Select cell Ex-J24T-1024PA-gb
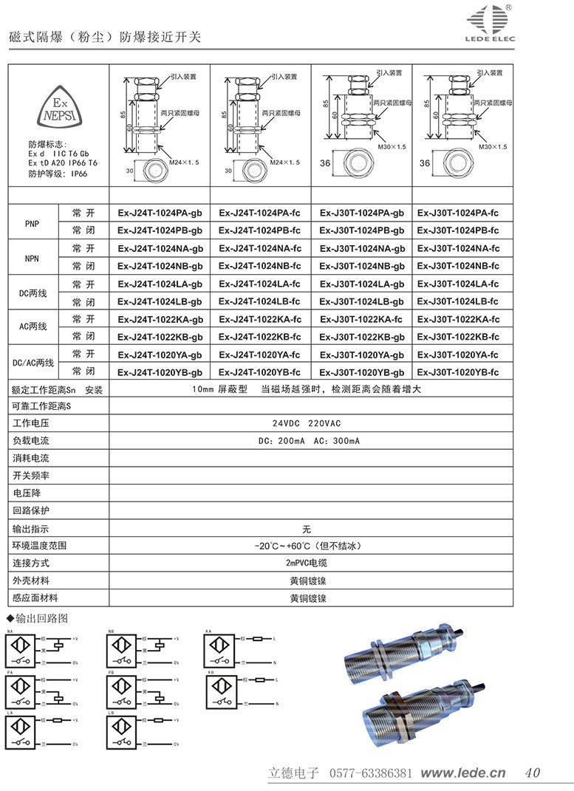pyautogui.click(x=160, y=213)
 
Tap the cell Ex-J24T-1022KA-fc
pyautogui.click(x=259, y=319)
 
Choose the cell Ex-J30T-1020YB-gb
pyautogui.click(x=362, y=372)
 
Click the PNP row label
pyautogui.click(x=33, y=222)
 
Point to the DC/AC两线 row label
pyautogui.click(x=33, y=363)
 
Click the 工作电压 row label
pyautogui.click(x=31, y=424)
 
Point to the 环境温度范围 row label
pyautogui.click(x=40, y=546)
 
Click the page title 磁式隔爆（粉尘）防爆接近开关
pyautogui.click(x=104, y=36)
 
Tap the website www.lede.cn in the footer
pyautogui.click(x=463, y=773)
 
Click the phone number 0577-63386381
pyautogui.click(x=369, y=773)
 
